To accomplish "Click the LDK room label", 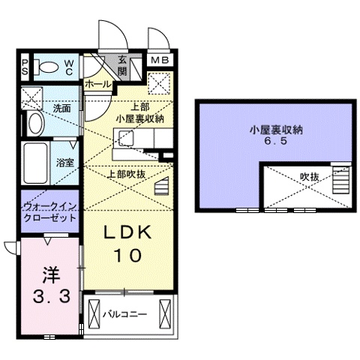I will pyautogui.click(x=127, y=234).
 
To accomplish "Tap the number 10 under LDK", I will pyautogui.click(x=127, y=255).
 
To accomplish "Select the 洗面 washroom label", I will pyautogui.click(x=61, y=109).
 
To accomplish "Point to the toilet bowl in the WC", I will pyautogui.click(x=48, y=67).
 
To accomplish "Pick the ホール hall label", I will pyautogui.click(x=98, y=85).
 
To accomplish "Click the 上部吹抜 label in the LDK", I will pyautogui.click(x=127, y=173).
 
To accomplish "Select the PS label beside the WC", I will pyautogui.click(x=25, y=67).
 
